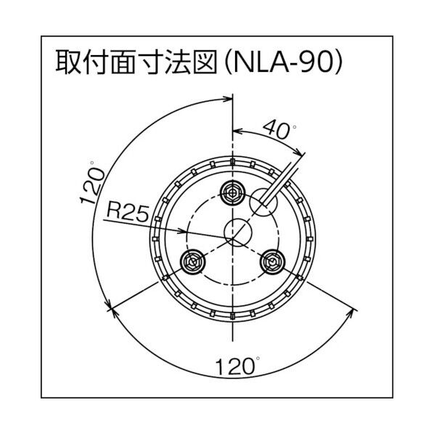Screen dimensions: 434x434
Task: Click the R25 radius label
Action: (x=127, y=213)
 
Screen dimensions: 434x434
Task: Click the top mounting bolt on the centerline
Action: (x=232, y=192)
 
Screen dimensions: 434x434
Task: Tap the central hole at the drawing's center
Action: (x=237, y=232)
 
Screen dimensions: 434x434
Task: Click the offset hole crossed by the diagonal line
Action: (x=261, y=203)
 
